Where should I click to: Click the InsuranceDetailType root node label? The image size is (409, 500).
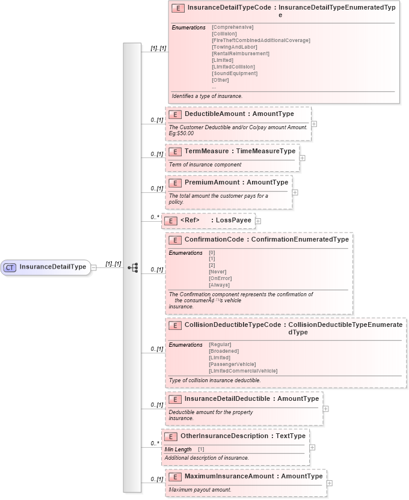pos(53,267)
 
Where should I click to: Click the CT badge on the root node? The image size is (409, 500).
pos(10,267)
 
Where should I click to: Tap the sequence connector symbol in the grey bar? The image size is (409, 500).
pos(132,267)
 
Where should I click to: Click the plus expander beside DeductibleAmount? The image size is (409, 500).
pos(314,124)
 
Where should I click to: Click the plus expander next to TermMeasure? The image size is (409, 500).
pos(302,158)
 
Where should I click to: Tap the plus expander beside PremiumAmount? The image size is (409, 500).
pos(295,192)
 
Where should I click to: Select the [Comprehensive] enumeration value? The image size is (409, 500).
pos(233,27)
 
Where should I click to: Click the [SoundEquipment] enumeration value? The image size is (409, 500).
pos(235,73)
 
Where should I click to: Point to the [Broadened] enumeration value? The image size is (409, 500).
pos(224,351)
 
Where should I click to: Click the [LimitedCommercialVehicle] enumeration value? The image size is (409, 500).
pos(243,371)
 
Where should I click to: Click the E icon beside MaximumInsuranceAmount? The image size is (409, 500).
pos(175,477)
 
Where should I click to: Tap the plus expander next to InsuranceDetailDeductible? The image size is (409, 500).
pos(325,408)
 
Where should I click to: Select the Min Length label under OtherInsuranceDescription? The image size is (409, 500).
pos(178,449)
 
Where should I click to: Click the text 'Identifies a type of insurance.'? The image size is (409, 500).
pos(207,96)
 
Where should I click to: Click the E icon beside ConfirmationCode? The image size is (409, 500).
pos(175,240)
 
